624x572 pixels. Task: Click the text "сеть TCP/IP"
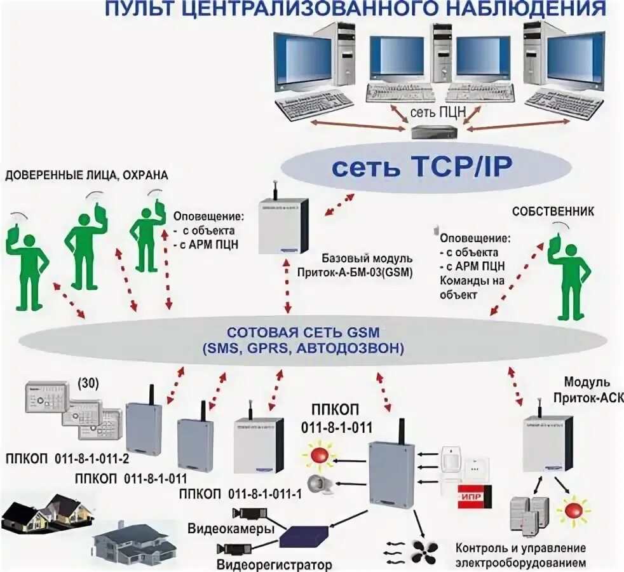(423, 168)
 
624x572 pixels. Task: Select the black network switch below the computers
(433, 132)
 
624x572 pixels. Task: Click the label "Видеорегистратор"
(274, 564)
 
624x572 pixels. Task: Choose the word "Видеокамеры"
(231, 529)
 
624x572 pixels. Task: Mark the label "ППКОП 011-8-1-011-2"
(66, 460)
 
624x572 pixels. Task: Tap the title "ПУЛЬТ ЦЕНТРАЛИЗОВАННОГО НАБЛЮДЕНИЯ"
(355, 9)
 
